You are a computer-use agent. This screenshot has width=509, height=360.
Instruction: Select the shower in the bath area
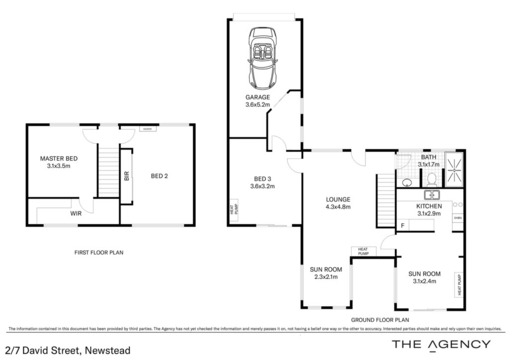[x=454, y=170]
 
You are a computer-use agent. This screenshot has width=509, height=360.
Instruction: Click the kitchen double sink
[x=432, y=195]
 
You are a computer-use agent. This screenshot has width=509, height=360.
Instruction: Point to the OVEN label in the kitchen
[x=458, y=218]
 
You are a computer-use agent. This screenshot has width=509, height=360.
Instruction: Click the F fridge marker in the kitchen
[x=403, y=226]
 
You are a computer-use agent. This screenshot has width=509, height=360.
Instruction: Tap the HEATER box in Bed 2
[x=148, y=129]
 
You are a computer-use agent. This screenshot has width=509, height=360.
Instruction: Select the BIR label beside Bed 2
[x=127, y=176]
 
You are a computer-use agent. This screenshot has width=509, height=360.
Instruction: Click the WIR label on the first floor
[x=76, y=214]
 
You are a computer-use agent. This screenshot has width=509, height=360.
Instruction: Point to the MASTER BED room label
[x=59, y=159]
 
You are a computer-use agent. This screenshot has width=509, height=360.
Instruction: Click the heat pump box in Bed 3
[x=234, y=210]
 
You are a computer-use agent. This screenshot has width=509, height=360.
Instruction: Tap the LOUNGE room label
[x=338, y=199]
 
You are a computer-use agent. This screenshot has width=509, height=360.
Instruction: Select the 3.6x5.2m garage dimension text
[x=258, y=104]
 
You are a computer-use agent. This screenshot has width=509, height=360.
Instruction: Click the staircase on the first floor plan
[x=108, y=172]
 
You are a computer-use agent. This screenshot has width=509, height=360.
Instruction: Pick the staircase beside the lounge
[x=386, y=200]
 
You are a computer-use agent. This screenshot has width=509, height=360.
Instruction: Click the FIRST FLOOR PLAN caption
[x=99, y=252]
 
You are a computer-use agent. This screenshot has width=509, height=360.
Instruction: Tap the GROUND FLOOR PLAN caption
[x=380, y=320]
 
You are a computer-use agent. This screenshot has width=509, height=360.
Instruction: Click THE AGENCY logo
[x=441, y=345]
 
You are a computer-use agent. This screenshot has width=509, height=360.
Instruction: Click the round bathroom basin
[x=407, y=183]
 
